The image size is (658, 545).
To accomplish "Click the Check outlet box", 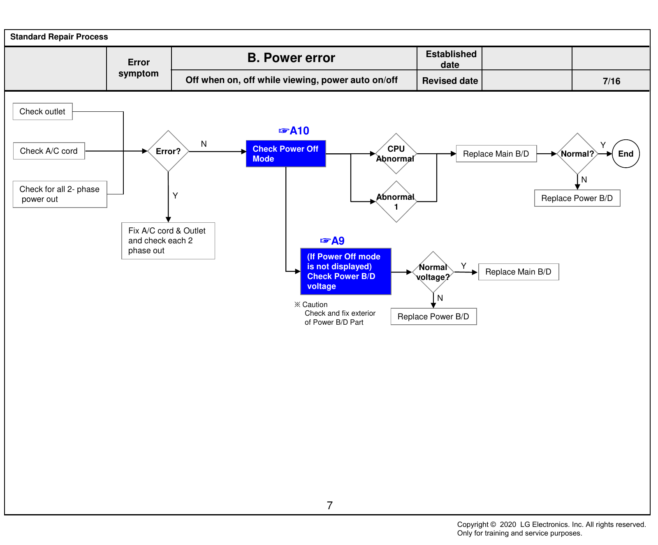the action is point(43,111).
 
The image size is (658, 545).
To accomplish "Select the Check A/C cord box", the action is point(49,151).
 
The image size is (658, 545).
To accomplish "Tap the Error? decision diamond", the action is point(168,151).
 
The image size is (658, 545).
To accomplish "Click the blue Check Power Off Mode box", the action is point(286,154).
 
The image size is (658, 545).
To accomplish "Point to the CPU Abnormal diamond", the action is point(396,154).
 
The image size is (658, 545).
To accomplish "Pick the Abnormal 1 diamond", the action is point(396,201).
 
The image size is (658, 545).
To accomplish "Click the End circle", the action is point(626,154).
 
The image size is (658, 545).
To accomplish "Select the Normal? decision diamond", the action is point(577,154).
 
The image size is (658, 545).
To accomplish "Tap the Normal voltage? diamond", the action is point(433,272).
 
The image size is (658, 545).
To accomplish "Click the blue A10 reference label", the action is point(294,131).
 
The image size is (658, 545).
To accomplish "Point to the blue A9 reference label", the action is point(332,241).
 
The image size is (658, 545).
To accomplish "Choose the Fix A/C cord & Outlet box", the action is point(168,241).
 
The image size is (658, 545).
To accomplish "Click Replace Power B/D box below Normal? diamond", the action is point(577,198).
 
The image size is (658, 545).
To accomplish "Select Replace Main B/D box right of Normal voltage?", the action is point(519,272).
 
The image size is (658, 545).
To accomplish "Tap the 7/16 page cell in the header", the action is point(611,81).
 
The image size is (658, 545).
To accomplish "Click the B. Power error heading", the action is point(291,58).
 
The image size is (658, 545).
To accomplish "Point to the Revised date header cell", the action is point(450,81).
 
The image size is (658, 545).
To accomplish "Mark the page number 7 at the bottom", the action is point(330,506).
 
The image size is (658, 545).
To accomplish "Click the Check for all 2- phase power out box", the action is point(60,194).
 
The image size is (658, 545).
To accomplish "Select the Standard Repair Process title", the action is point(59,37).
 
